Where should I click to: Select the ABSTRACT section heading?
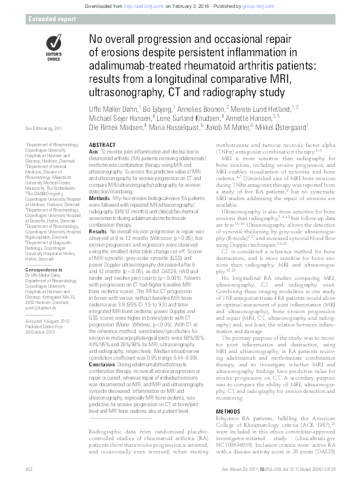(x=103, y=147)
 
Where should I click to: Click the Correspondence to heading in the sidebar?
(x=44, y=249)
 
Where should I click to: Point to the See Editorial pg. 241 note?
(x=45, y=129)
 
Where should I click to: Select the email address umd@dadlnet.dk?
(x=42, y=277)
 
